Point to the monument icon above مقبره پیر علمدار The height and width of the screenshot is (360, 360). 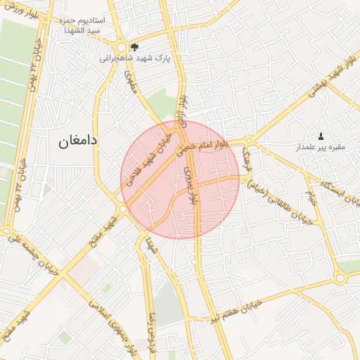tap(321, 136)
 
